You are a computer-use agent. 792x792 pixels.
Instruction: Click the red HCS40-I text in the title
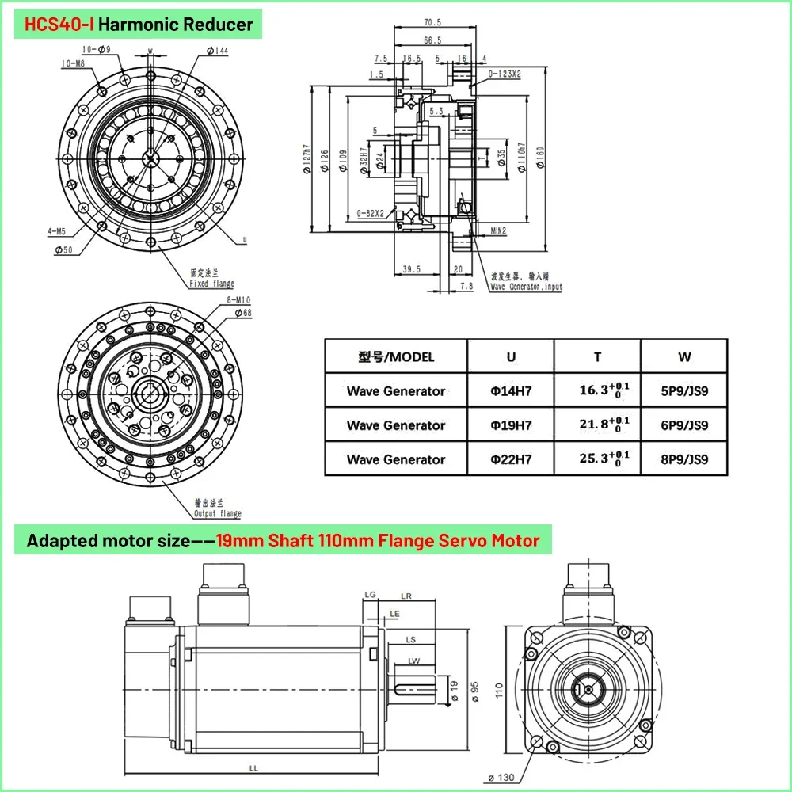click(x=59, y=24)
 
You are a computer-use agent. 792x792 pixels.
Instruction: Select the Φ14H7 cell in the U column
click(x=510, y=390)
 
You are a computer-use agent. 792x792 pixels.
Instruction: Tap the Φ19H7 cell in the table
click(x=510, y=425)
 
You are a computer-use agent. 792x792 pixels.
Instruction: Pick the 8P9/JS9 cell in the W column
click(x=684, y=459)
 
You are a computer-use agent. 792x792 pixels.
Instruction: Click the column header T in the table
click(x=597, y=356)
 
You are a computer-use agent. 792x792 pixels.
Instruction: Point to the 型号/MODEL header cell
click(x=396, y=356)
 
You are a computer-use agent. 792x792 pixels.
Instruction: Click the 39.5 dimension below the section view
click(x=410, y=269)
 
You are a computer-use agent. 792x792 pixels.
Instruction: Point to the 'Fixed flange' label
click(x=211, y=284)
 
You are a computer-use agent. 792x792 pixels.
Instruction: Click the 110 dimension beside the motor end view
click(x=498, y=691)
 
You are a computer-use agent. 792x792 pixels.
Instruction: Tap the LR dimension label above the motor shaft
click(x=406, y=595)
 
